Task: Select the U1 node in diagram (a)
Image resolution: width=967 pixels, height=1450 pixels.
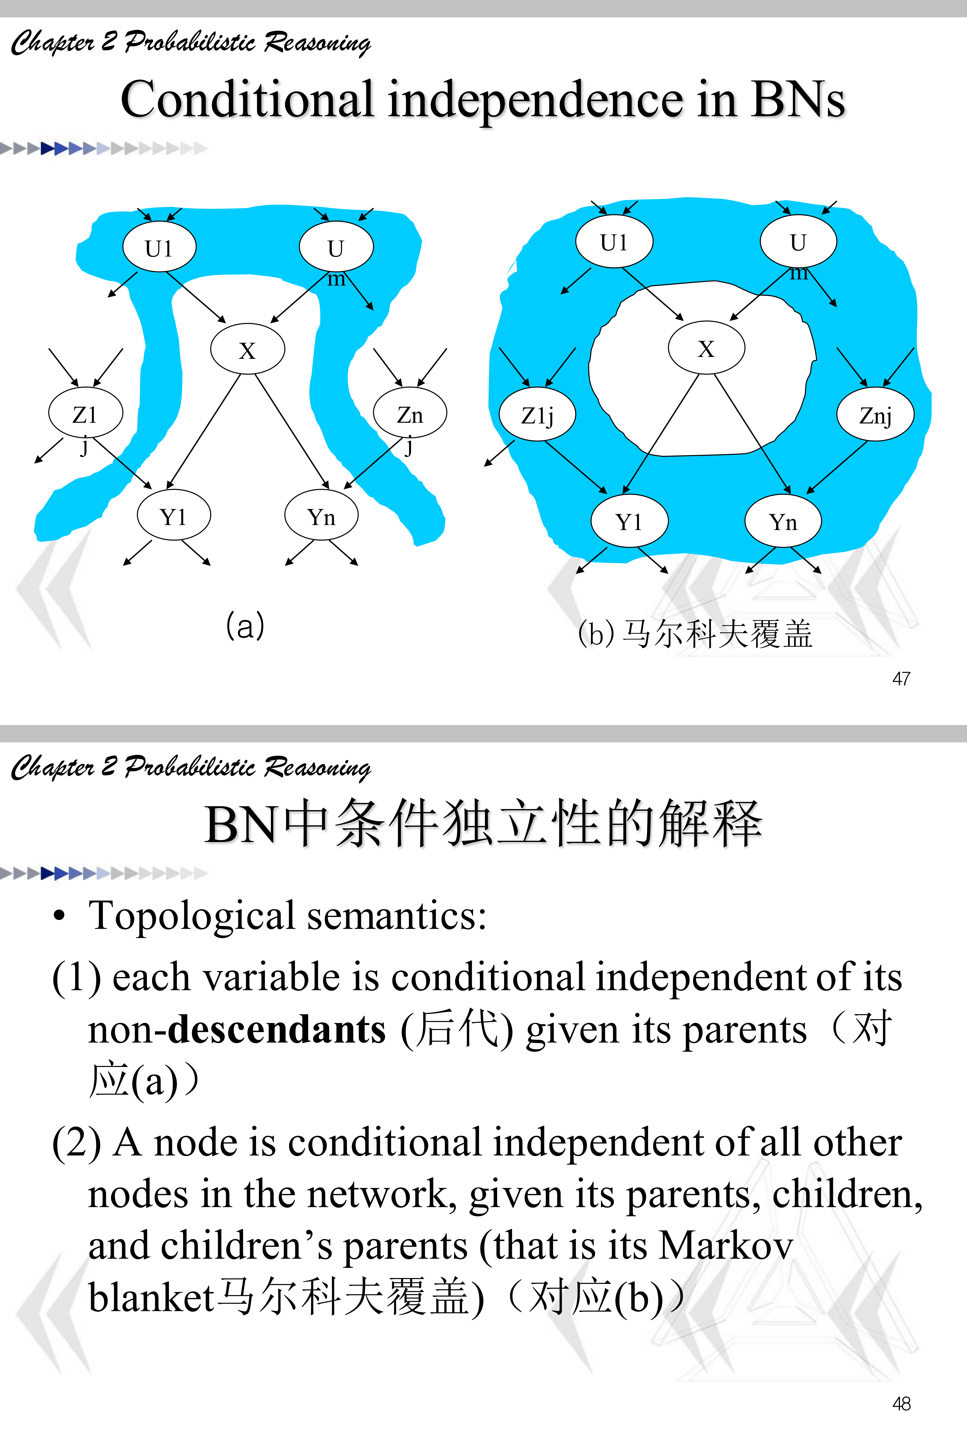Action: (x=159, y=247)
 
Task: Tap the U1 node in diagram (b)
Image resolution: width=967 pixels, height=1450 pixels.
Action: (x=614, y=242)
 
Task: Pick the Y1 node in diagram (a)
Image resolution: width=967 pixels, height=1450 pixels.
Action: (x=173, y=515)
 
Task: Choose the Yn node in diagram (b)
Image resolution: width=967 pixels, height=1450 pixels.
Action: (x=783, y=522)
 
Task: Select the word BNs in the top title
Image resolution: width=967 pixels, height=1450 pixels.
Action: (x=797, y=100)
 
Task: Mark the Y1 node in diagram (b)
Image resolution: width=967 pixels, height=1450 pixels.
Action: (x=629, y=522)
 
